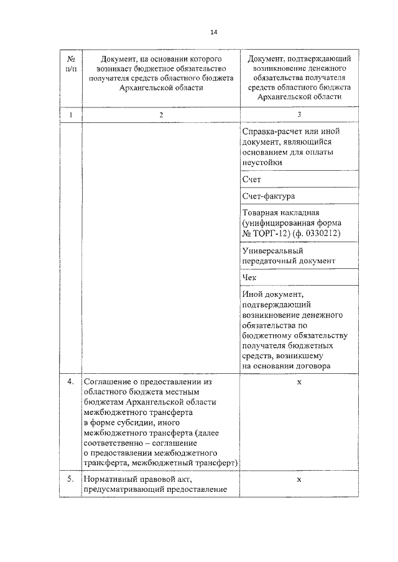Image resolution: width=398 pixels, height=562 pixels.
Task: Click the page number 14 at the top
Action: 214,32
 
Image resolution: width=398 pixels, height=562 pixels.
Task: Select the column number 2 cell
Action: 161,115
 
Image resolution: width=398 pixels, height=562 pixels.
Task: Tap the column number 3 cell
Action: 299,115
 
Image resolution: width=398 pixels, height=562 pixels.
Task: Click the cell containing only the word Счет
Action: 252,179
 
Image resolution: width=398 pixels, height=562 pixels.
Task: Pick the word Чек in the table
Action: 250,278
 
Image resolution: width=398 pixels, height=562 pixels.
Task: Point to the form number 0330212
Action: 322,233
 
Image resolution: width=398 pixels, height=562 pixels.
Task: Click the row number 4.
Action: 70,381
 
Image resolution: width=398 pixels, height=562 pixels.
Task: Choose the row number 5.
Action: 70,479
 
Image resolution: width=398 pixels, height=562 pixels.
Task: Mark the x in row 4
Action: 299,381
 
